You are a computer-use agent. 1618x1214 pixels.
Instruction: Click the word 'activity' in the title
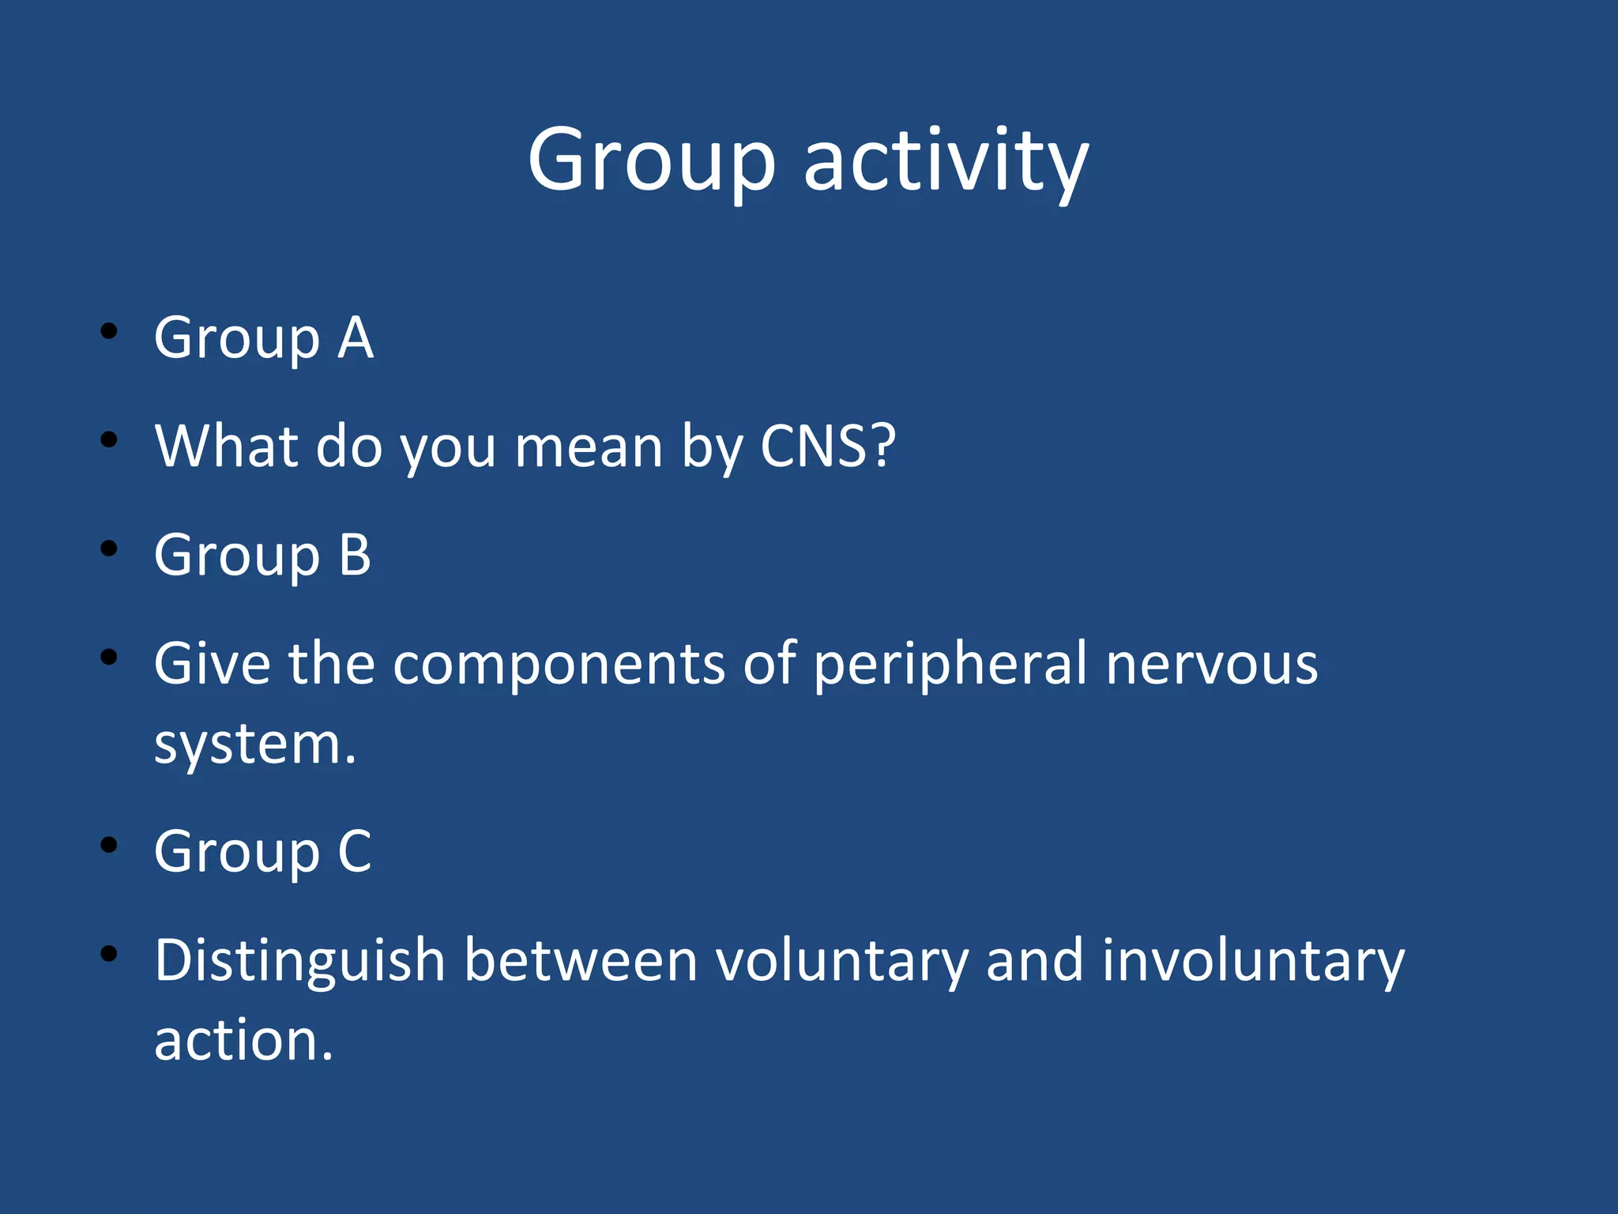(x=946, y=162)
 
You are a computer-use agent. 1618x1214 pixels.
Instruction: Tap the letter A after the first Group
(x=356, y=338)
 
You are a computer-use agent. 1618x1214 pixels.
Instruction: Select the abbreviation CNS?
(x=827, y=447)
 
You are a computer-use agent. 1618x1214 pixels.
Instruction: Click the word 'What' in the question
(x=228, y=447)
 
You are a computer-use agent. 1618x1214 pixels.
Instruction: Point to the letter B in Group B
(x=355, y=555)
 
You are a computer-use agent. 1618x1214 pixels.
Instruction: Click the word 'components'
(x=559, y=664)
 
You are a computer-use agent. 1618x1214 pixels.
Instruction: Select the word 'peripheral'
(x=950, y=664)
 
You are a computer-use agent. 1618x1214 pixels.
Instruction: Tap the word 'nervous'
(x=1211, y=664)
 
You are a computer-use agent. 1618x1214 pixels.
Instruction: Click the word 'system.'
(x=255, y=745)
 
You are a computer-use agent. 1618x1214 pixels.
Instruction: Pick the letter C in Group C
(x=355, y=852)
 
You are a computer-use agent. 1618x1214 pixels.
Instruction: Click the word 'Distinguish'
(x=300, y=961)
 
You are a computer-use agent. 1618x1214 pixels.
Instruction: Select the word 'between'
(x=581, y=961)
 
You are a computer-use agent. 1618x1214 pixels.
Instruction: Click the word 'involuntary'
(x=1253, y=961)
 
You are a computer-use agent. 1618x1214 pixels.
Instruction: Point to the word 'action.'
(x=243, y=1041)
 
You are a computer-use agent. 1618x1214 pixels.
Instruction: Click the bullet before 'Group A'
(x=109, y=331)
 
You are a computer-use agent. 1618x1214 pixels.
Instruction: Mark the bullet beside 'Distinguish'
(x=109, y=954)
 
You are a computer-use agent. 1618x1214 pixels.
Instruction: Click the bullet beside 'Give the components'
(x=109, y=657)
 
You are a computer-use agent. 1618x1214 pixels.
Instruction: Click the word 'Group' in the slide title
(x=652, y=162)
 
